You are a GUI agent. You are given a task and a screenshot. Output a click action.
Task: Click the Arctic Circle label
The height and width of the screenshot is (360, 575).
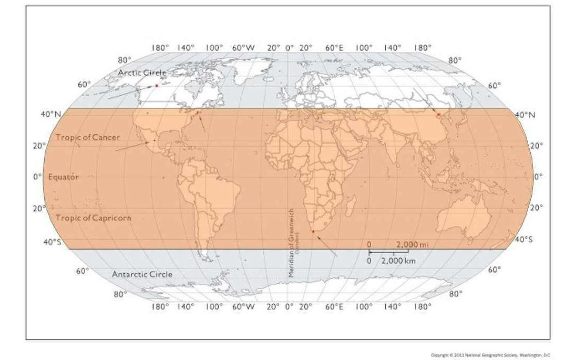coord(142,73)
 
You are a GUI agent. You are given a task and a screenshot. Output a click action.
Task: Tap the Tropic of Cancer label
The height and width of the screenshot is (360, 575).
coord(88,137)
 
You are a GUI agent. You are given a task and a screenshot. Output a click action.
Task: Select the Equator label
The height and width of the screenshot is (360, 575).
coord(64,177)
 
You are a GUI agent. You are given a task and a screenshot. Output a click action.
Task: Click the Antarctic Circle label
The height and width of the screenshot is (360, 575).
coord(142,274)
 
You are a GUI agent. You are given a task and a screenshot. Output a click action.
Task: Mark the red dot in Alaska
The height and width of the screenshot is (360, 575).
coord(156,85)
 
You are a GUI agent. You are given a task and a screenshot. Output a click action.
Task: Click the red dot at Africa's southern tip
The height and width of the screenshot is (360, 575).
coord(313,231)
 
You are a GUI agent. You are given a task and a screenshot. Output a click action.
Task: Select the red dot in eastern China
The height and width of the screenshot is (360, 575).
coord(438,114)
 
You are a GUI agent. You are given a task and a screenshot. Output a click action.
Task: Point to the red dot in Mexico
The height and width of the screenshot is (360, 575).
coord(153,141)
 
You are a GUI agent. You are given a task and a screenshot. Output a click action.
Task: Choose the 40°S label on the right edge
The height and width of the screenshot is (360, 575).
coord(524,240)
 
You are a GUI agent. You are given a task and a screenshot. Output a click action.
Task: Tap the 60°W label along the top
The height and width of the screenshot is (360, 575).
coord(243,47)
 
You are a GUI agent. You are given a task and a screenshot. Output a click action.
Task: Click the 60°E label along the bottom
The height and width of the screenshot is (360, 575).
coord(334,306)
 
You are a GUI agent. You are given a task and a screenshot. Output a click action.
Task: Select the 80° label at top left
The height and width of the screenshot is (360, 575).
coord(124,60)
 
